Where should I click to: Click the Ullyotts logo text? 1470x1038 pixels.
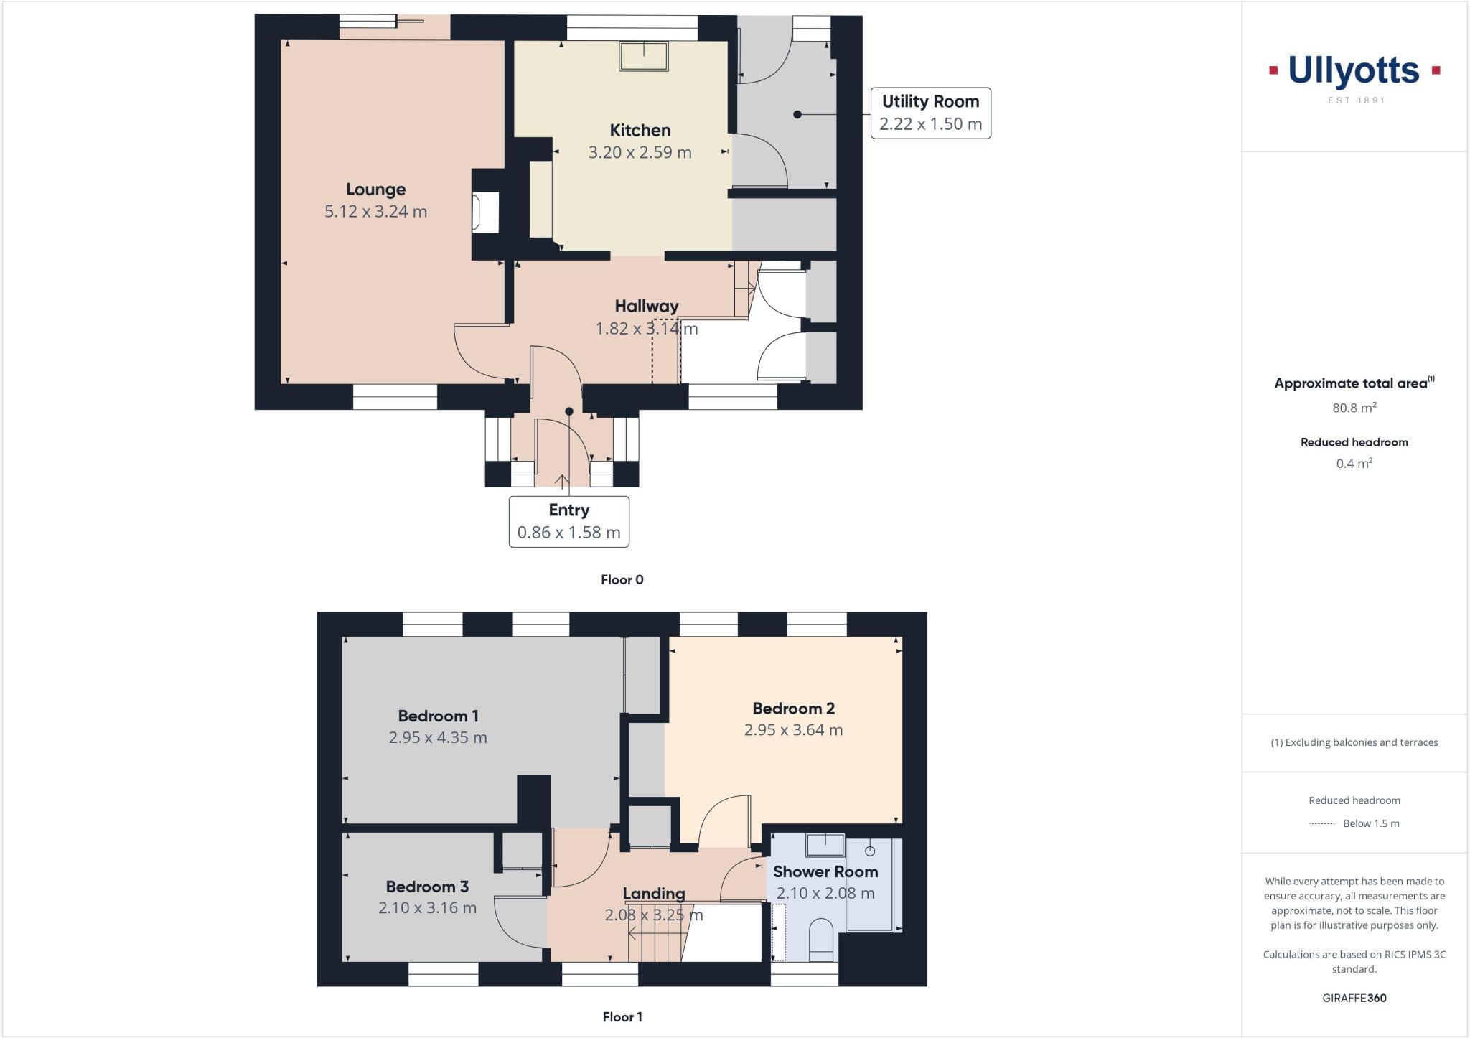pos(1354,71)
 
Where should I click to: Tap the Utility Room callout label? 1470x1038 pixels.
pos(930,113)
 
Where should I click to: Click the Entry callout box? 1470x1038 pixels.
pos(568,521)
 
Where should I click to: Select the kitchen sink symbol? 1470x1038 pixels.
pos(644,56)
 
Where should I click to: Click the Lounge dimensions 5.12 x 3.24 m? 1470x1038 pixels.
pos(375,212)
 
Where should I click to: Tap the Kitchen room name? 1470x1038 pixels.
pos(640,130)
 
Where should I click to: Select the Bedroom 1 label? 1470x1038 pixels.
pos(438,716)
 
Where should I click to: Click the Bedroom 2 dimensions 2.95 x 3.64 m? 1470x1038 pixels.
pos(793,730)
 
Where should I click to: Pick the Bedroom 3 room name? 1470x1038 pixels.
pos(427,887)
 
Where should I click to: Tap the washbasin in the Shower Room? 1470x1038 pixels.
pos(825,845)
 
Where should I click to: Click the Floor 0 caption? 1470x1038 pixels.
pos(622,579)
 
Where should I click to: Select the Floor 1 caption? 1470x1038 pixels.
pos(622,1016)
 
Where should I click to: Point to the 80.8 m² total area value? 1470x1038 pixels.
pos(1354,408)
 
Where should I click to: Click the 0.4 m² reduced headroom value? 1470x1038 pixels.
pos(1354,464)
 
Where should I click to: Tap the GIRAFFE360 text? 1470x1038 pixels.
pos(1354,998)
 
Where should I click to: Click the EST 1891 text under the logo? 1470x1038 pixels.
pos(1356,100)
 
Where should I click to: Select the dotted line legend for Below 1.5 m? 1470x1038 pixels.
pos(1321,824)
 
